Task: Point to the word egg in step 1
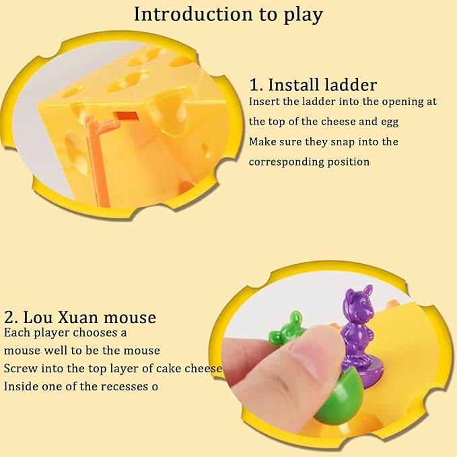point(390,122)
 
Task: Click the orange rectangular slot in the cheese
point(126,116)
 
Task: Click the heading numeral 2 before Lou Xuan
point(9,318)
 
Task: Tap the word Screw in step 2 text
point(20,368)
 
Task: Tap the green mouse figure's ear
point(295,318)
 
